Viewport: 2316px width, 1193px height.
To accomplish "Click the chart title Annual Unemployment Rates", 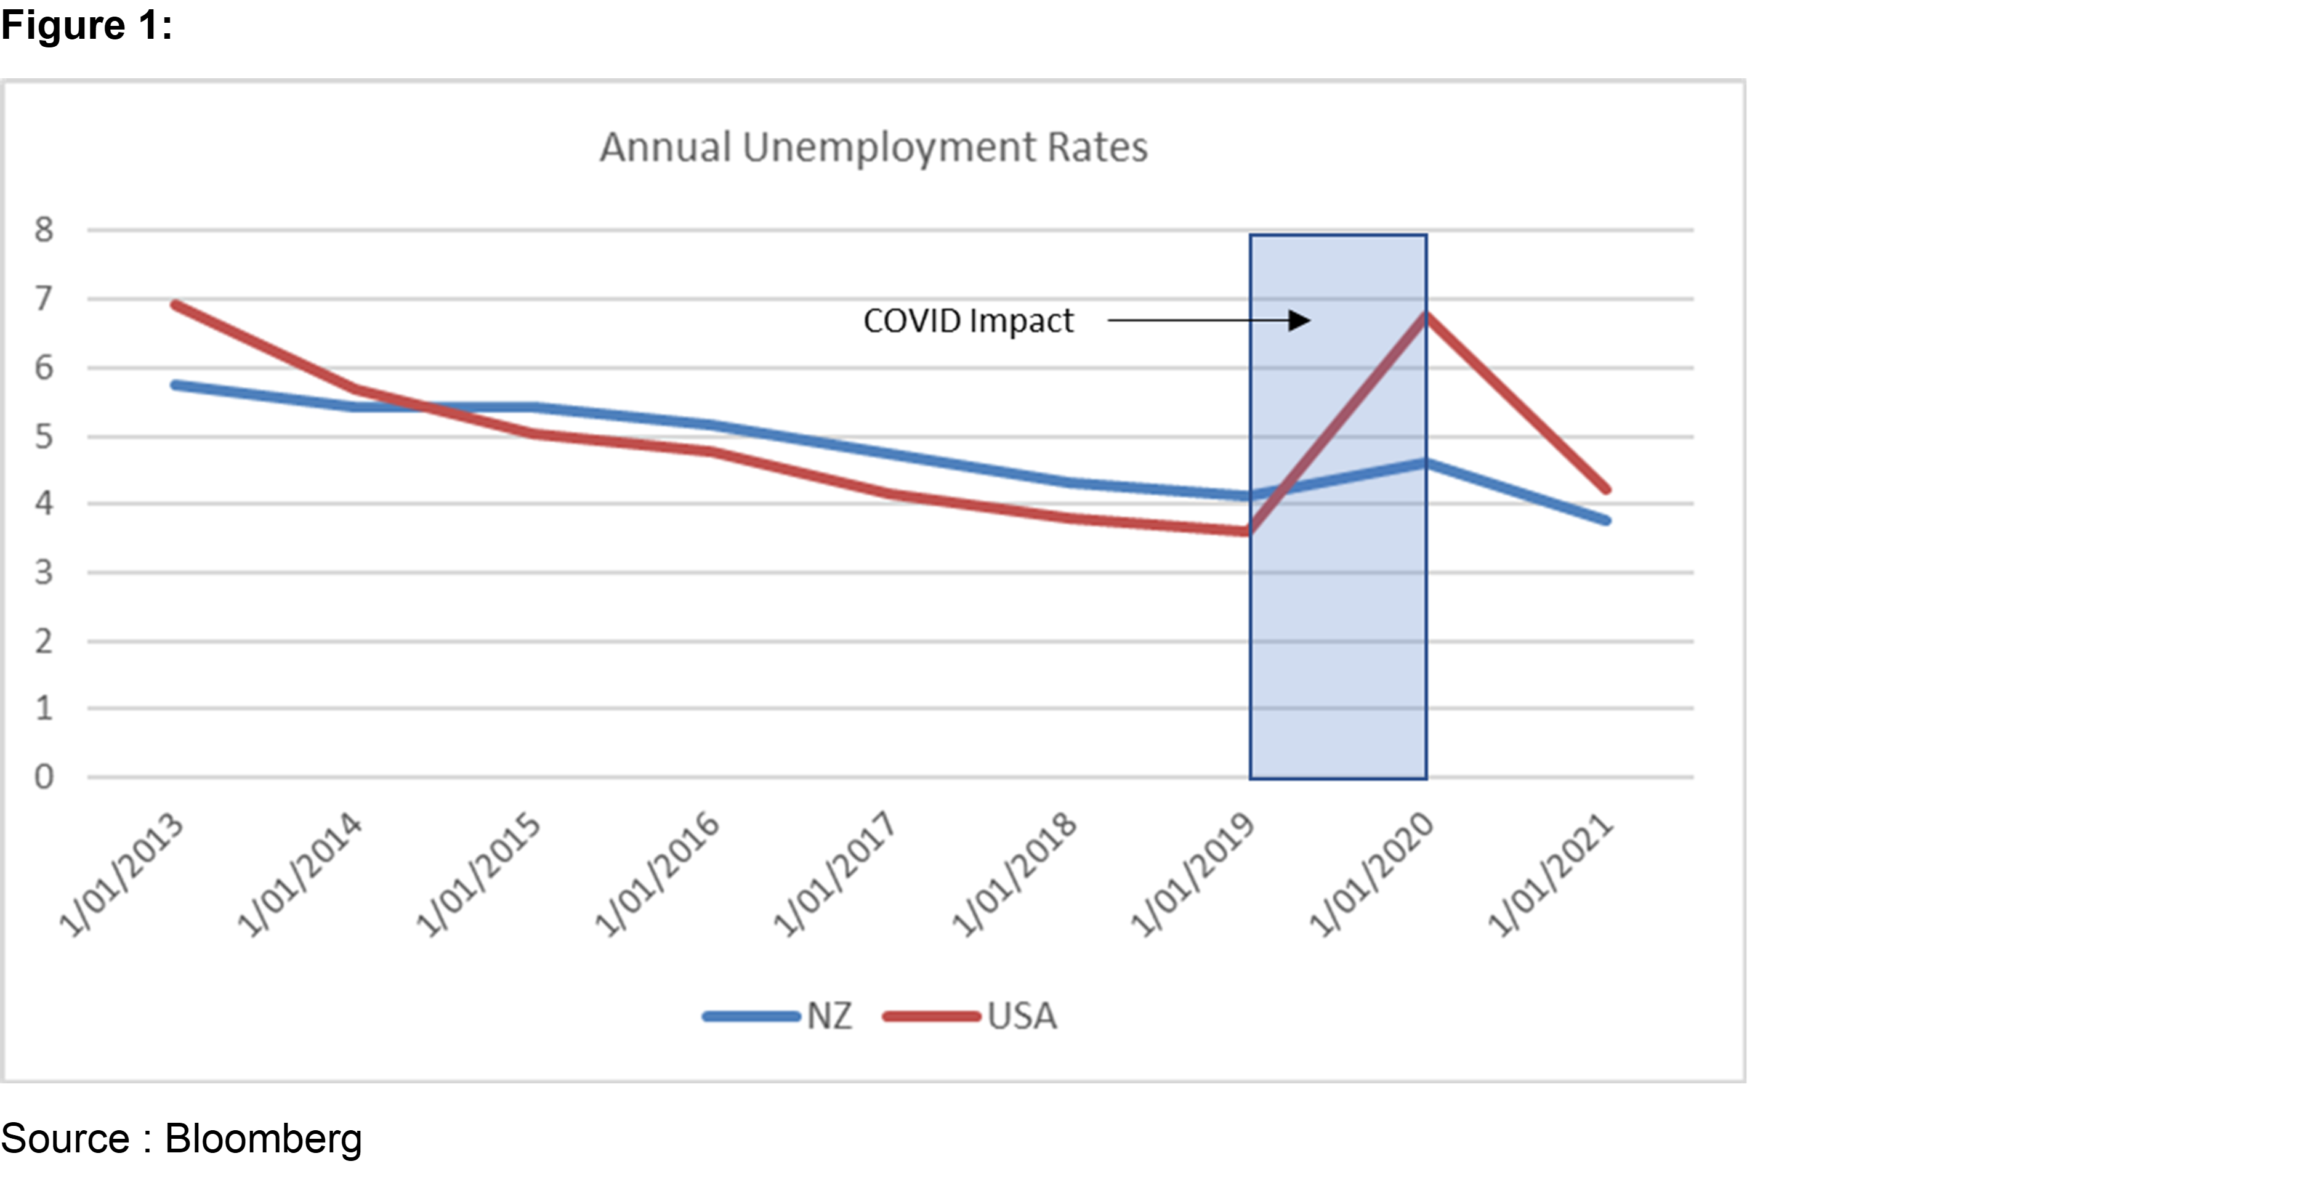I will (873, 147).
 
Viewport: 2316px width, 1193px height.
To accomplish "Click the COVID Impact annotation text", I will (968, 321).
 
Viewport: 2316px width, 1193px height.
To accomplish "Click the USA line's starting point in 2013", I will (176, 305).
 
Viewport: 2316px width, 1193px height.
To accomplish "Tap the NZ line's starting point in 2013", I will (176, 385).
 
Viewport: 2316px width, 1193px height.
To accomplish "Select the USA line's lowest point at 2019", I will (1246, 532).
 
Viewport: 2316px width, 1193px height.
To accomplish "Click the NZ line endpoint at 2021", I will (1606, 520).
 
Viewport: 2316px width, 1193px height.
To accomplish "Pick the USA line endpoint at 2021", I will (1606, 490).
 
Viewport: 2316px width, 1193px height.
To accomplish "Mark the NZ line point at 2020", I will (1426, 463).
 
